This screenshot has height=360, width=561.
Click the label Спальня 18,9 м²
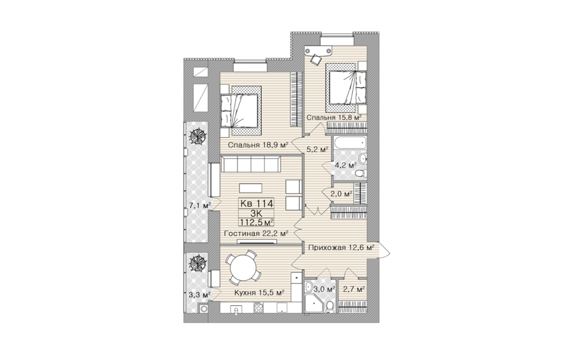(258, 145)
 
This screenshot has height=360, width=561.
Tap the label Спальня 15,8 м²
(334, 117)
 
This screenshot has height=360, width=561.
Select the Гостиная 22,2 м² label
(256, 234)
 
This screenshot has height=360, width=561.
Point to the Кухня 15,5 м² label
(259, 293)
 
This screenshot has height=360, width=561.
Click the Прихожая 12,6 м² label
(342, 247)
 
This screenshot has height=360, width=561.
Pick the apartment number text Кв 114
(257, 204)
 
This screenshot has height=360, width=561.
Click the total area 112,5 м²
(257, 222)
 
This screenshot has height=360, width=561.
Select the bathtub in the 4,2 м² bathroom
(350, 143)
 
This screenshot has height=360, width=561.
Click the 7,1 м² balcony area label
(199, 206)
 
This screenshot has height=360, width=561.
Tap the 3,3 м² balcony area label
(199, 295)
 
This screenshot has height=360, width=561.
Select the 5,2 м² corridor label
(317, 149)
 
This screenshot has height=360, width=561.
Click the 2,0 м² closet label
(342, 194)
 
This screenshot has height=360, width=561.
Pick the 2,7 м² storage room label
(353, 289)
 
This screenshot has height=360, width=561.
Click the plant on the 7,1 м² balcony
(197, 136)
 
